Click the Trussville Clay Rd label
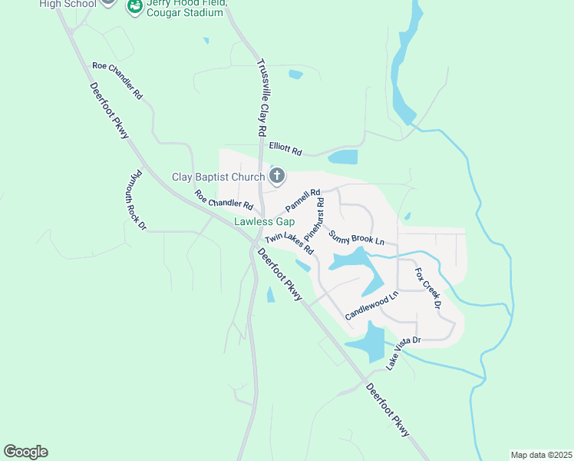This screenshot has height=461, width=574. pyautogui.click(x=261, y=98)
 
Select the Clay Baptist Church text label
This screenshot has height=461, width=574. pyautogui.click(x=217, y=177)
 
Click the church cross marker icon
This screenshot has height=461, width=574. pyautogui.click(x=277, y=177)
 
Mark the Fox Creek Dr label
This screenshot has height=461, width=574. pyautogui.click(x=428, y=288)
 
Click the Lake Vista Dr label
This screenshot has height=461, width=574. pyautogui.click(x=404, y=353)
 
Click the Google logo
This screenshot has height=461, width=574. pyautogui.click(x=25, y=452)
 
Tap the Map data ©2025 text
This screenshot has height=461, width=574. pyautogui.click(x=541, y=454)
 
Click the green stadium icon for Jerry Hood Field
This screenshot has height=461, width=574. pyautogui.click(x=134, y=7)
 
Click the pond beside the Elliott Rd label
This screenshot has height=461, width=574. pyautogui.click(x=342, y=158)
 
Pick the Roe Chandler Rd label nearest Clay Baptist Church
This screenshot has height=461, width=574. pyautogui.click(x=223, y=201)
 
